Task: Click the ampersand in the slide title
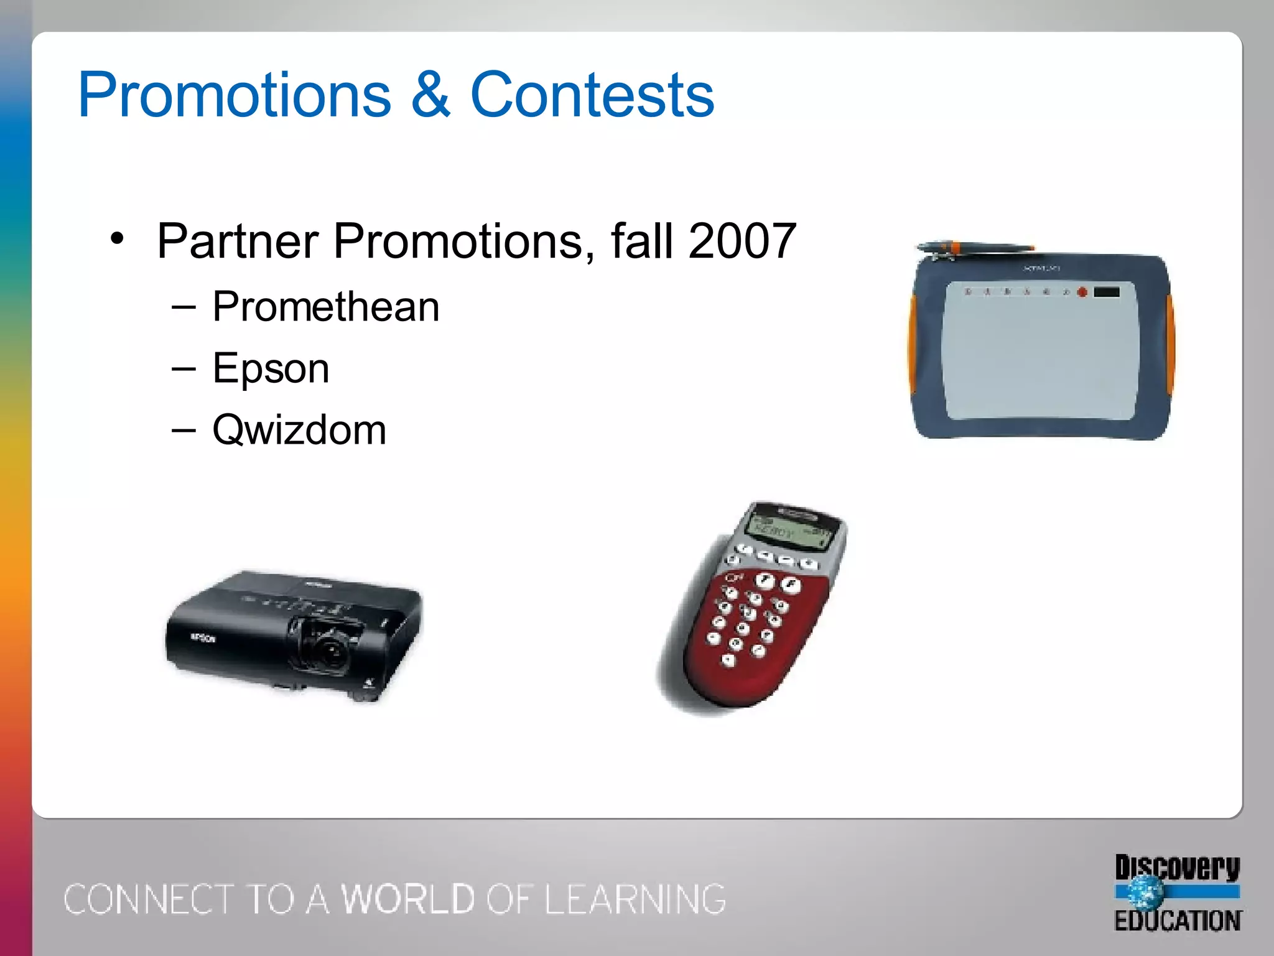pyautogui.click(x=430, y=95)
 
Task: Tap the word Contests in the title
pyautogui.click(x=592, y=95)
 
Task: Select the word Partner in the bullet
pyautogui.click(x=238, y=241)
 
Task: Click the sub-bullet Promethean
pyautogui.click(x=325, y=307)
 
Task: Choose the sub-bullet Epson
pyautogui.click(x=271, y=368)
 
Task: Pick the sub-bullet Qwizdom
pyautogui.click(x=299, y=430)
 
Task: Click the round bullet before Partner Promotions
pyautogui.click(x=118, y=238)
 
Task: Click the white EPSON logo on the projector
pyautogui.click(x=203, y=638)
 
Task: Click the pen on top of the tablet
pyautogui.click(x=970, y=248)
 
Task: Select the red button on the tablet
pyautogui.click(x=1082, y=292)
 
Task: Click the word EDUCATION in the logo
pyautogui.click(x=1178, y=921)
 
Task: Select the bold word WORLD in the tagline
pyautogui.click(x=409, y=899)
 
